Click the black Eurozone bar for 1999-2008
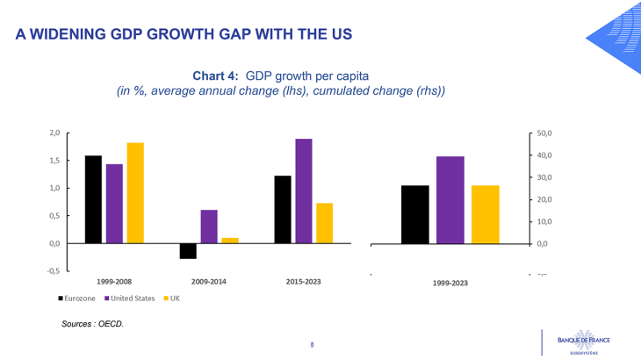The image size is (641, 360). pyautogui.click(x=93, y=199)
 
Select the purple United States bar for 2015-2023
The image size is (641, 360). pyautogui.click(x=304, y=191)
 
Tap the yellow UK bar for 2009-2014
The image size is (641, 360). pyautogui.click(x=230, y=240)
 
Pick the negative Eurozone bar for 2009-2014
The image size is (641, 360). pyautogui.click(x=188, y=251)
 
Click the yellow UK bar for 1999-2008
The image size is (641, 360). pyautogui.click(x=135, y=192)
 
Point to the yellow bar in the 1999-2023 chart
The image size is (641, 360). pyautogui.click(x=485, y=214)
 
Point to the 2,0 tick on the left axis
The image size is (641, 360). pyautogui.click(x=54, y=133)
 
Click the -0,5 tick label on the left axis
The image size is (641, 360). pyautogui.click(x=54, y=270)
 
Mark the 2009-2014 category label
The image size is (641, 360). pyautogui.click(x=209, y=282)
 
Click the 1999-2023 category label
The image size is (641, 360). pyautogui.click(x=450, y=284)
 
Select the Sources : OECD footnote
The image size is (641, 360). pyautogui.click(x=92, y=324)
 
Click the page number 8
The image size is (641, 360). pyautogui.click(x=312, y=344)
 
